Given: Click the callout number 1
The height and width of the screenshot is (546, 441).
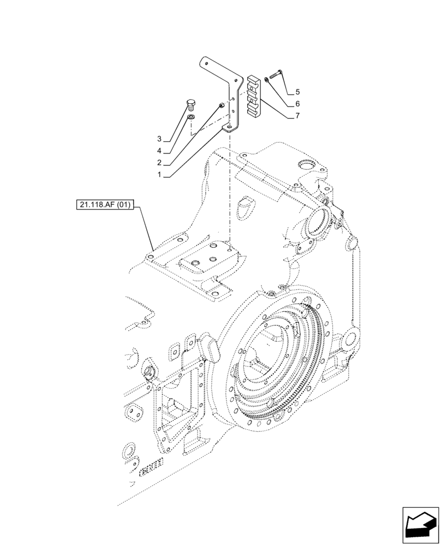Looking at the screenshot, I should (159, 175).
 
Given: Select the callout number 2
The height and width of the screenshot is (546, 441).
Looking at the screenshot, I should (159, 163).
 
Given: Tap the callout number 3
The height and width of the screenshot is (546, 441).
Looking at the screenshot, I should (159, 138).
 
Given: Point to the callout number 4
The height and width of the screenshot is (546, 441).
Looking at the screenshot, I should (159, 151).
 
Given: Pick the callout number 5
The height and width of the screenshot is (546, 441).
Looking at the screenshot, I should (297, 91).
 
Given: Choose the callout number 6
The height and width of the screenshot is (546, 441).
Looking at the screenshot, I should (297, 104).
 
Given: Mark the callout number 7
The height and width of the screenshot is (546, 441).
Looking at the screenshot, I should (297, 116).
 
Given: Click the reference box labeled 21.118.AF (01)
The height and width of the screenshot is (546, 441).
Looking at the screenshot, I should (105, 206).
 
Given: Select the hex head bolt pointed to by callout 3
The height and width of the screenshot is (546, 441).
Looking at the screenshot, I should (190, 104).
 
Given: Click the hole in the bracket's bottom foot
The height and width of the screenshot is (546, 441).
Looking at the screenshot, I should (230, 128).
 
